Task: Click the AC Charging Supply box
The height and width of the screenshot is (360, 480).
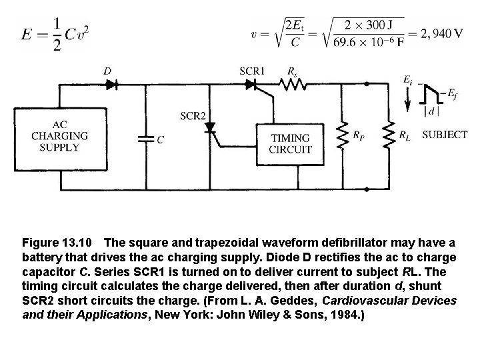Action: point(59,136)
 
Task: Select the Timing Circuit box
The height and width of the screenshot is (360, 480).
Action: point(290,143)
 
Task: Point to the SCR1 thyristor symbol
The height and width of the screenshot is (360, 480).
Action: point(251,84)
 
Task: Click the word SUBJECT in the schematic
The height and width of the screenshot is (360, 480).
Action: point(444,135)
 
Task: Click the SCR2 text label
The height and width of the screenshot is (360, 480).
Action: point(193,115)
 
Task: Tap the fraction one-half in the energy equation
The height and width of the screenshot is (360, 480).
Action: point(57,35)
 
